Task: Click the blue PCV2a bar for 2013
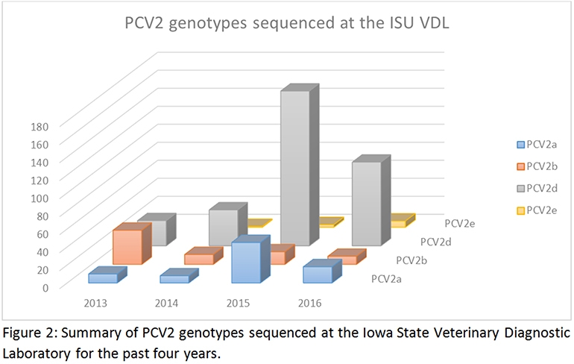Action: (103, 277)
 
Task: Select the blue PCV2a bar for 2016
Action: (318, 274)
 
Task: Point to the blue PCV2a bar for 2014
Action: (174, 278)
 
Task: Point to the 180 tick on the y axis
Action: (40, 127)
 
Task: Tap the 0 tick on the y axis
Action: (45, 287)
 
